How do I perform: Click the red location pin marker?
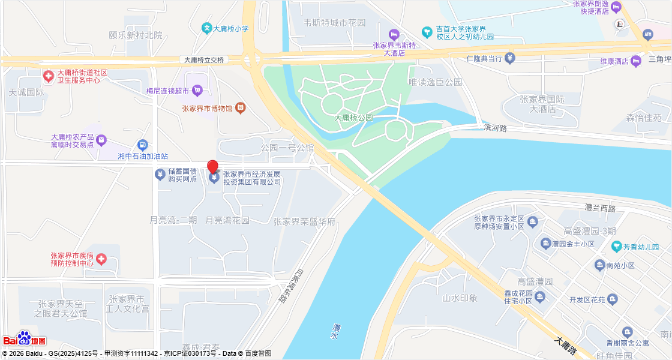click(212, 167)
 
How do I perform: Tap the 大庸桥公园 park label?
click(353, 118)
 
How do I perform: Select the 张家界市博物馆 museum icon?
click(240, 108)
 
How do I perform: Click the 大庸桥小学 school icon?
click(206, 28)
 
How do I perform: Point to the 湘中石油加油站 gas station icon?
click(142, 145)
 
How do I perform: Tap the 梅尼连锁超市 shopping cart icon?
click(197, 91)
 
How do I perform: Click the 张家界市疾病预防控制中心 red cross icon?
click(101, 259)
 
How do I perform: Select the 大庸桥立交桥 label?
click(203, 60)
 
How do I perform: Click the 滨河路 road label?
click(495, 128)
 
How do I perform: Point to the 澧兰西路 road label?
click(600, 208)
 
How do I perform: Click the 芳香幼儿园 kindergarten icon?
click(616, 247)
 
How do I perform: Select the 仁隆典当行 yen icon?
click(509, 58)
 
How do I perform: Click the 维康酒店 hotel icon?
click(637, 61)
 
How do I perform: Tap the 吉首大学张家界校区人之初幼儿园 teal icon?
click(427, 32)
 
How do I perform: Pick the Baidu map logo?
click(25, 339)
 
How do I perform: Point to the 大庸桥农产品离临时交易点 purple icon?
click(101, 140)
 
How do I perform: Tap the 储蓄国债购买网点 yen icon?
click(160, 175)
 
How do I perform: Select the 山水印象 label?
click(460, 298)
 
